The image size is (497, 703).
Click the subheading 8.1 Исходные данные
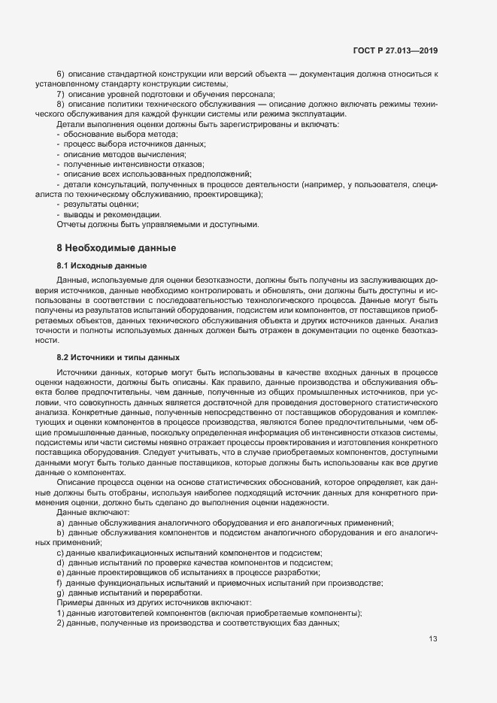click(102, 266)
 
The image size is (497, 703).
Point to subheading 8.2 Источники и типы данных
click(119, 356)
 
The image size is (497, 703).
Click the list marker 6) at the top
click(61, 74)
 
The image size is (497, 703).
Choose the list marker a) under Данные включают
click(60, 523)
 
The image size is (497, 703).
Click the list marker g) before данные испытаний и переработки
click(60, 593)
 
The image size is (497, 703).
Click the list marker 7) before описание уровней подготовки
click(61, 94)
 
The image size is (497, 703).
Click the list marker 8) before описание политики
click(61, 104)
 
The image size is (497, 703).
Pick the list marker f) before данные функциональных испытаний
click(59, 583)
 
